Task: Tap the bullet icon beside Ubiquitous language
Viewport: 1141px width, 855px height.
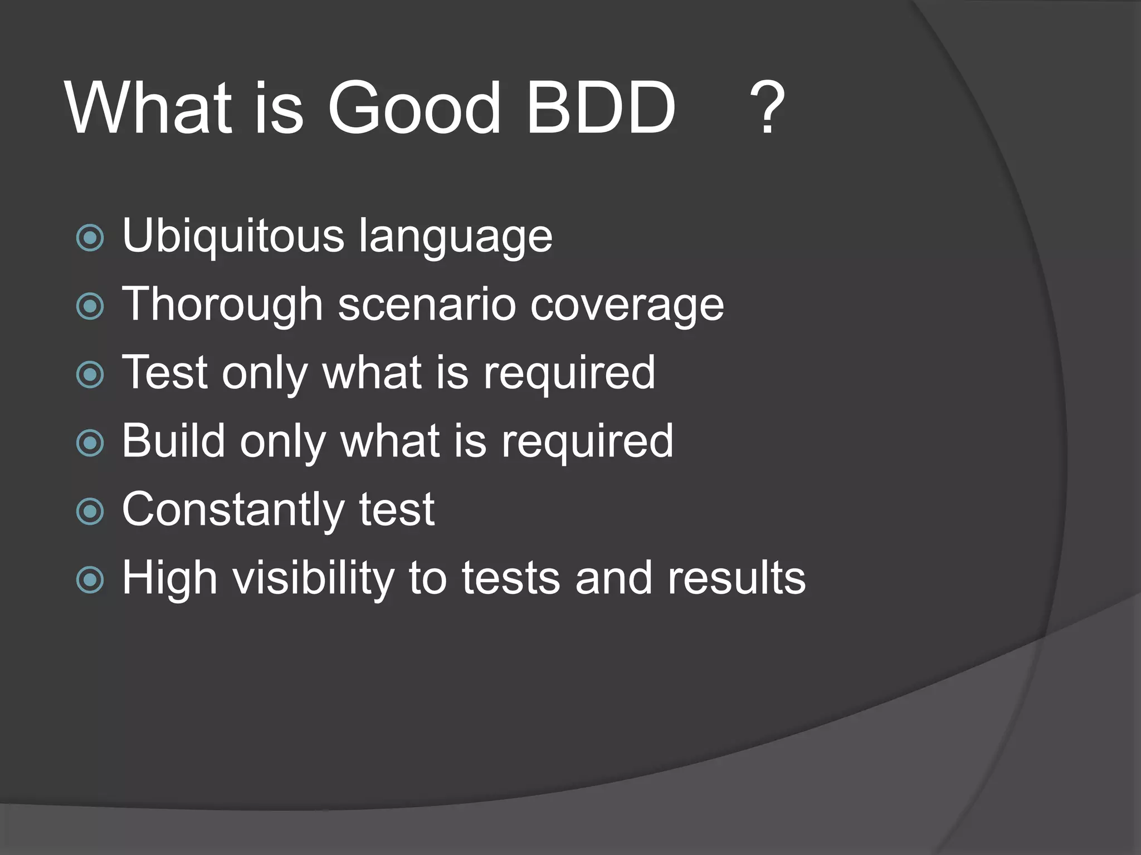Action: (90, 238)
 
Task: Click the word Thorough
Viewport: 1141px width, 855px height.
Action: (222, 305)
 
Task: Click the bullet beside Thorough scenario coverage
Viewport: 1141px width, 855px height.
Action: (90, 307)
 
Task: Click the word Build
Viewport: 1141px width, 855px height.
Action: (173, 440)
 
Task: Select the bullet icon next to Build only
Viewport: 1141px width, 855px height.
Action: (90, 443)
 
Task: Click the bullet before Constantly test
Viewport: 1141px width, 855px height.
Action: (90, 512)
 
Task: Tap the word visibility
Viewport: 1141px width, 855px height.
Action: (314, 578)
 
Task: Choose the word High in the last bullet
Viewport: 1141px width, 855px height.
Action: (169, 578)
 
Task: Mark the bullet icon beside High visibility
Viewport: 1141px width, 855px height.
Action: (90, 580)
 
